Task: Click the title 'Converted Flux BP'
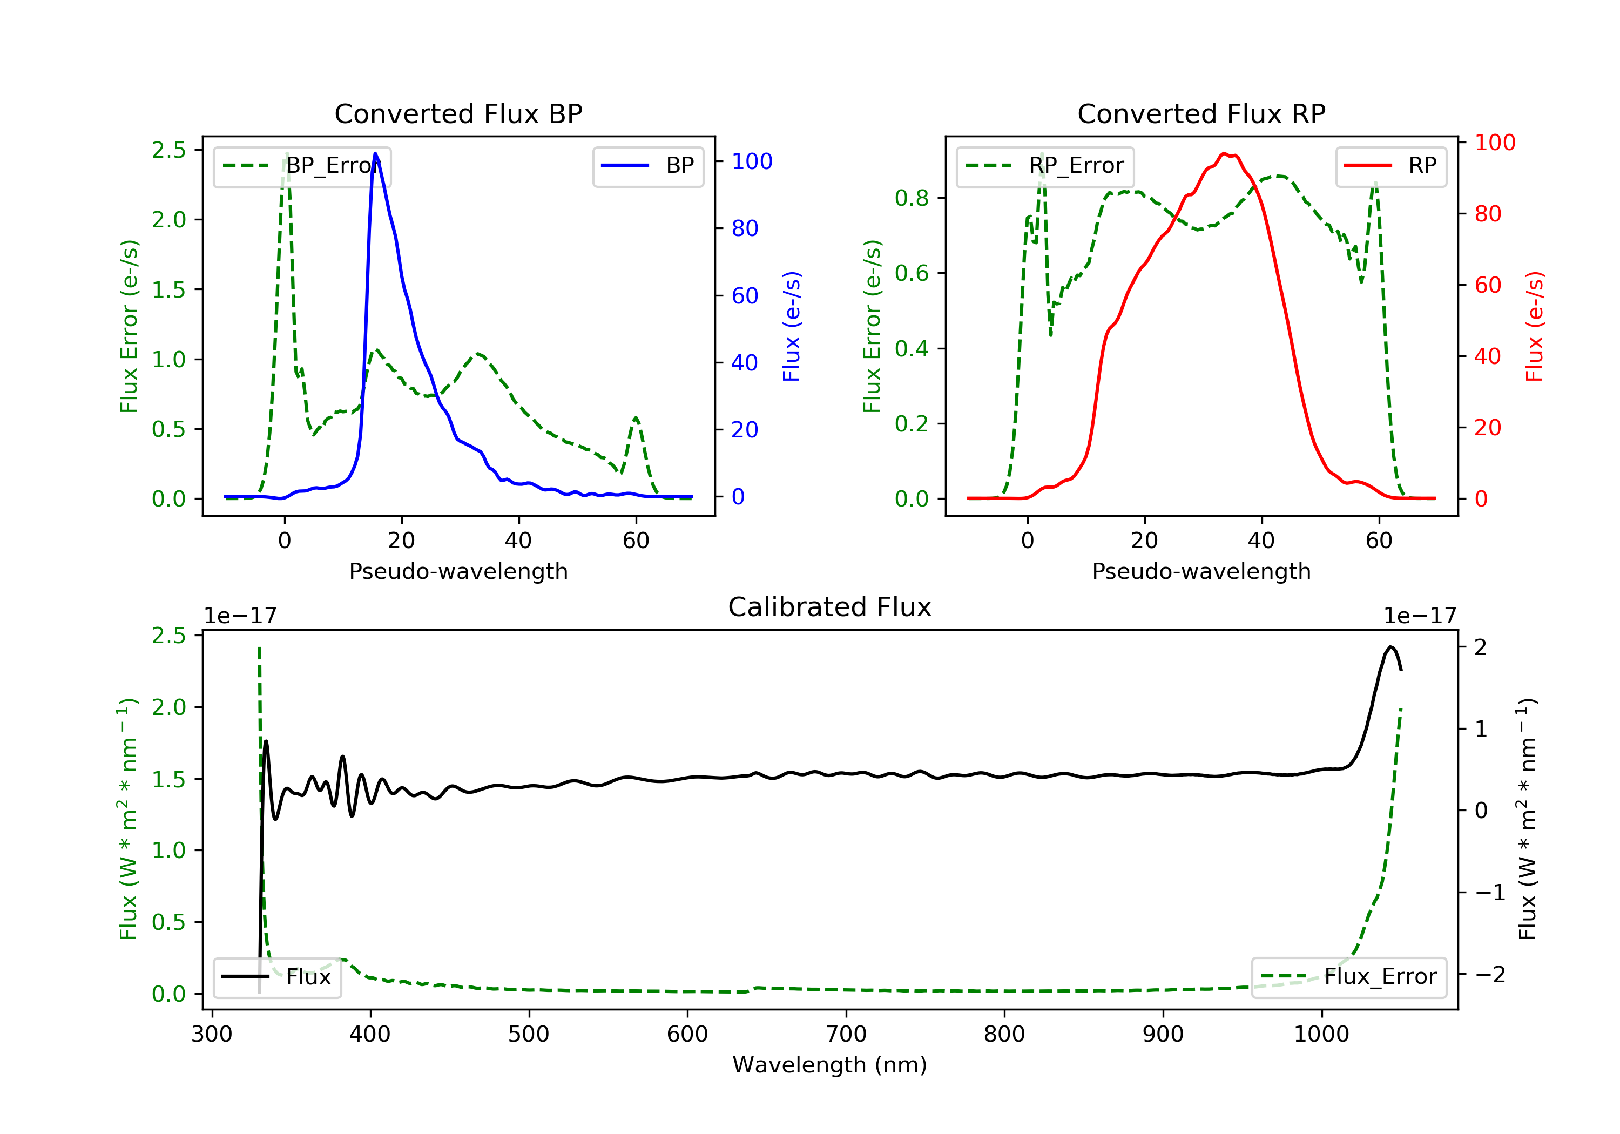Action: pyautogui.click(x=458, y=113)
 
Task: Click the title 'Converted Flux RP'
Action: pyautogui.click(x=1201, y=113)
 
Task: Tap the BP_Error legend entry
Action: pyautogui.click(x=302, y=166)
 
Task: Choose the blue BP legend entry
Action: pyautogui.click(x=647, y=166)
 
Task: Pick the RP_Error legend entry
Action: pyautogui.click(x=1045, y=166)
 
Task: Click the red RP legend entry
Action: pyautogui.click(x=1390, y=166)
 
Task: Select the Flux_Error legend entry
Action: pyautogui.click(x=1348, y=977)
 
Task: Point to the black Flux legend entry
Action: pyautogui.click(x=278, y=977)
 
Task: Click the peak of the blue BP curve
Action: pyautogui.click(x=375, y=154)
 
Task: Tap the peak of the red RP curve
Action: pyautogui.click(x=1224, y=154)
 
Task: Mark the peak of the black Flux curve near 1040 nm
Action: pyautogui.click(x=1390, y=647)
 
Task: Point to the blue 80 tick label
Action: pyautogui.click(x=745, y=228)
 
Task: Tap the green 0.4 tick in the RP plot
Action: pyautogui.click(x=911, y=349)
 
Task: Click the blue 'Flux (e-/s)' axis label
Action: pyautogui.click(x=792, y=326)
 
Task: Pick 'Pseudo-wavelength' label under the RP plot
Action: pyautogui.click(x=1201, y=571)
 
